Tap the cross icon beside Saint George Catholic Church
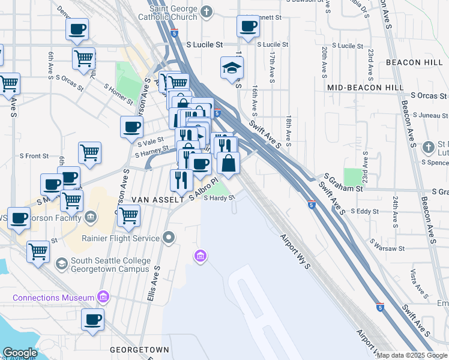coord(206,11)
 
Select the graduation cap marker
coord(231,69)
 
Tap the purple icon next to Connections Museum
coord(103,297)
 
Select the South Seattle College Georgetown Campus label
coord(110,265)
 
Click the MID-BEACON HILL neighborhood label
coord(366,88)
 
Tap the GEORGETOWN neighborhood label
coord(139,349)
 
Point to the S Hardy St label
coord(218,198)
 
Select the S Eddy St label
coord(364,211)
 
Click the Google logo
coord(20,353)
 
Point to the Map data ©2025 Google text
coord(412,355)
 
